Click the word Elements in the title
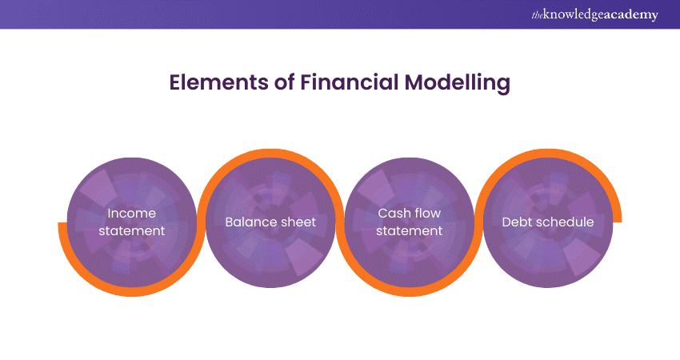click(218, 82)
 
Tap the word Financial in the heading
click(349, 82)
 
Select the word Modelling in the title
click(457, 83)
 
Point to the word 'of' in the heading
click(284, 82)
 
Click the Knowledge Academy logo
click(594, 14)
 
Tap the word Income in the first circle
click(131, 213)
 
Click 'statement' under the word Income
click(132, 230)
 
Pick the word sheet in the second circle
click(298, 222)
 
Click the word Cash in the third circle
click(393, 213)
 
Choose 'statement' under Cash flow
click(410, 230)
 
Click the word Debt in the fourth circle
click(516, 222)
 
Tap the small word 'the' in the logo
click(537, 15)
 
